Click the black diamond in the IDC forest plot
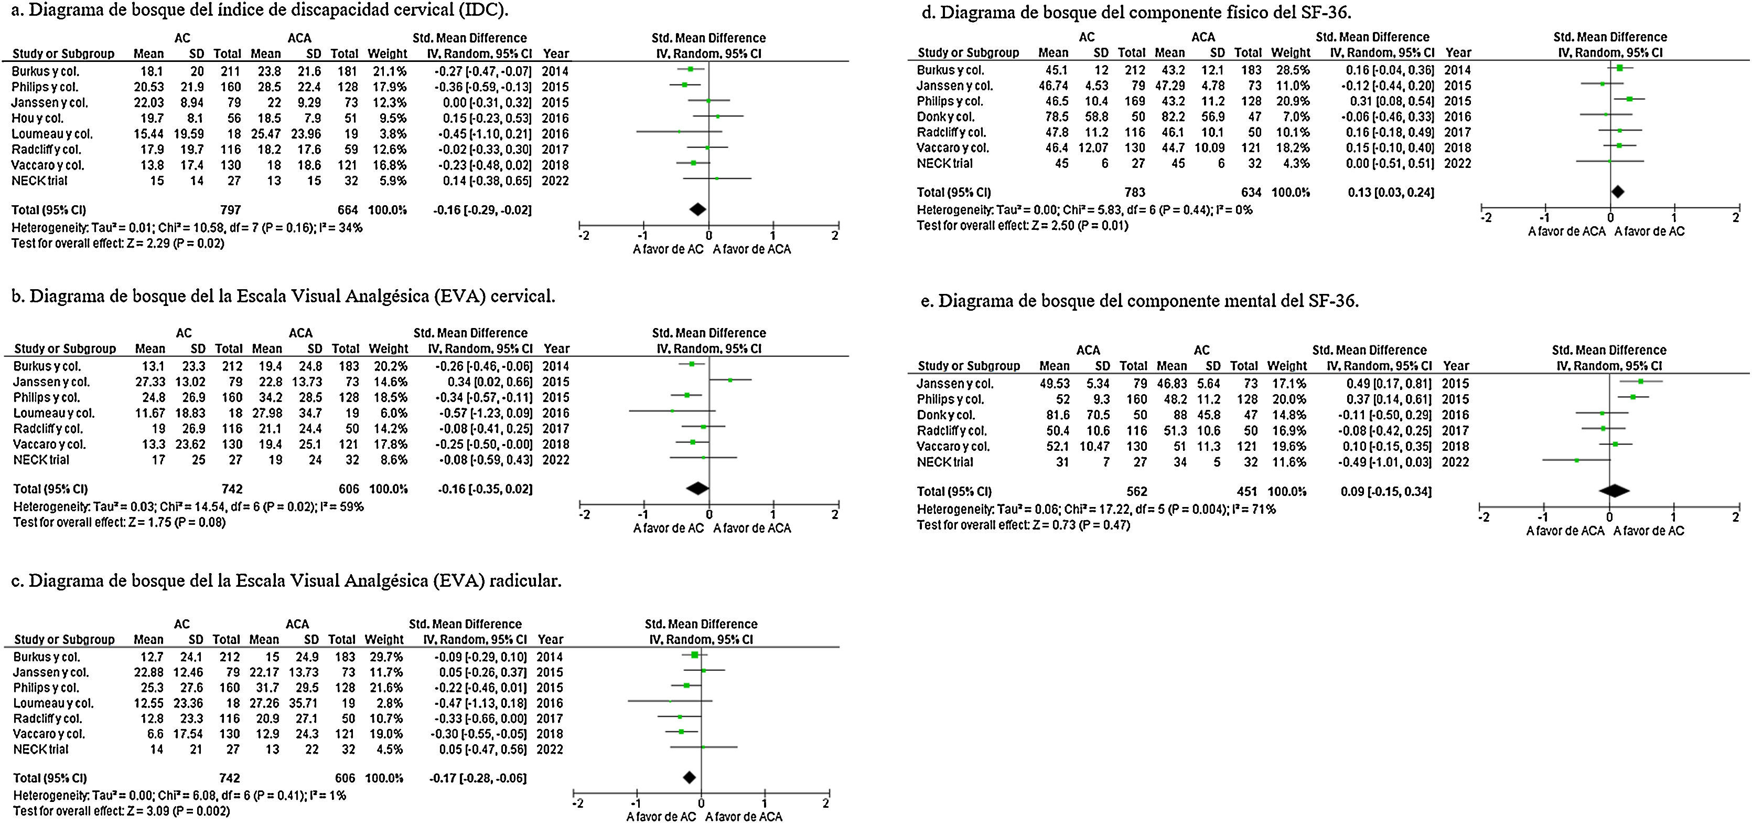[x=698, y=209]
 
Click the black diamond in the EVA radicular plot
[x=689, y=778]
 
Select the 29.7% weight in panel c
[x=384, y=657]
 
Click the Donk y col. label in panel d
[x=945, y=117]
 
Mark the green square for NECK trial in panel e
[x=1576, y=461]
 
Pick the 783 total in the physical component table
[x=1135, y=193]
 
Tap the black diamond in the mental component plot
[x=1614, y=491]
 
